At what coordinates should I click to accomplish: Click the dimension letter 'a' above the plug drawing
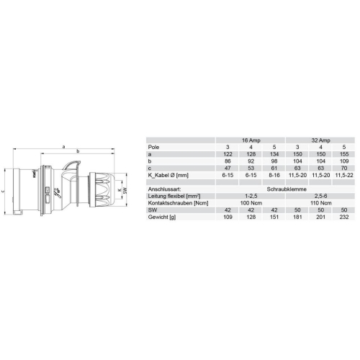click(x=64, y=146)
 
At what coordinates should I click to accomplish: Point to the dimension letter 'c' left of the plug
click(x=4, y=192)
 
